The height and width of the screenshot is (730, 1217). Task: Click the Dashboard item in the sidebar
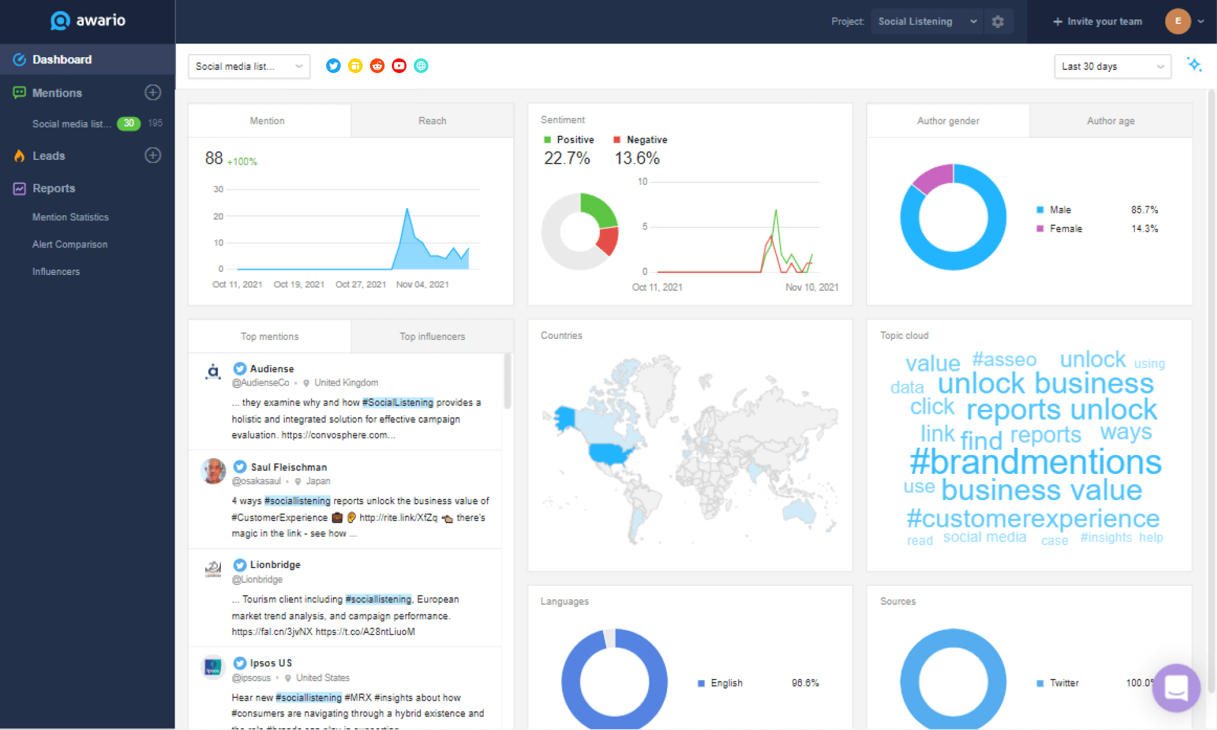pyautogui.click(x=61, y=60)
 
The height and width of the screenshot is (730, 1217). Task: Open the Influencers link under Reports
pyautogui.click(x=56, y=271)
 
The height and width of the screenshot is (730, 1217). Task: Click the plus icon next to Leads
pyautogui.click(x=153, y=155)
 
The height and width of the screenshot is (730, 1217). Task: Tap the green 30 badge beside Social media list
pyautogui.click(x=128, y=123)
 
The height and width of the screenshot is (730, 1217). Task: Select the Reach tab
pyautogui.click(x=432, y=120)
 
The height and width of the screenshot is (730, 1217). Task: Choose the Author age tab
pyautogui.click(x=1111, y=120)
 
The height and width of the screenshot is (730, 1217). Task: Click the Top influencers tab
pyautogui.click(x=432, y=336)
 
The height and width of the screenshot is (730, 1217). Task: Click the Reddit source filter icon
pyautogui.click(x=377, y=66)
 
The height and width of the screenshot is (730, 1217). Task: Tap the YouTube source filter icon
pyautogui.click(x=399, y=66)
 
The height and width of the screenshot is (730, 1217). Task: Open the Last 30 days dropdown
pyautogui.click(x=1112, y=66)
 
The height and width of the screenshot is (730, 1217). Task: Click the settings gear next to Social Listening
pyautogui.click(x=998, y=22)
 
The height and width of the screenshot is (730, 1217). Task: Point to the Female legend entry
pyautogui.click(x=1065, y=229)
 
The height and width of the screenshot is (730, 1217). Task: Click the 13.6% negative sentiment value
pyautogui.click(x=636, y=158)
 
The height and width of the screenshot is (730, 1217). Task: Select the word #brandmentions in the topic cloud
pyautogui.click(x=1035, y=462)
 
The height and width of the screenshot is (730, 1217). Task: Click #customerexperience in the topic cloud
pyautogui.click(x=1033, y=518)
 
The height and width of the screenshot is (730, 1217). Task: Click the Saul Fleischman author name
pyautogui.click(x=289, y=467)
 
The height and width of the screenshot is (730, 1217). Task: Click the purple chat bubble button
pyautogui.click(x=1176, y=687)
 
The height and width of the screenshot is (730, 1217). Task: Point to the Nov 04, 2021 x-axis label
pyautogui.click(x=422, y=284)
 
